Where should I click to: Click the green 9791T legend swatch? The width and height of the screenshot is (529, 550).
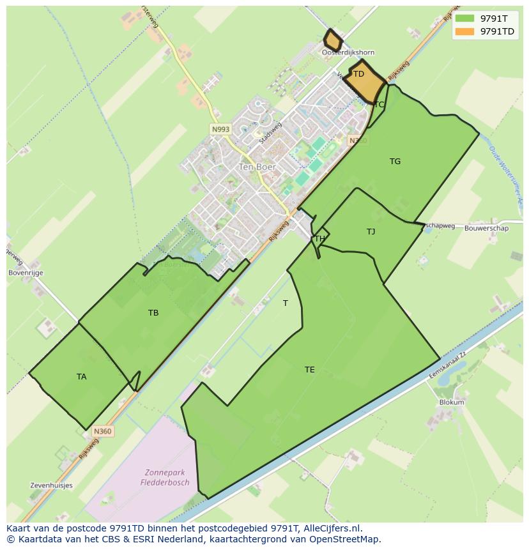465,19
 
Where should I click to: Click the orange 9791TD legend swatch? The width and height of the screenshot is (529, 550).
465,31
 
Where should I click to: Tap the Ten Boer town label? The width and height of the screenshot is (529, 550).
257,167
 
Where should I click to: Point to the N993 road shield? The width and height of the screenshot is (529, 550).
220,129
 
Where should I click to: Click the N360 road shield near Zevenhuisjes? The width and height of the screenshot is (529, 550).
102,431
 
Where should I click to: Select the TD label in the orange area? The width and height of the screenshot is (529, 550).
358,74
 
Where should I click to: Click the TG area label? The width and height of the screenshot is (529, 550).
395,162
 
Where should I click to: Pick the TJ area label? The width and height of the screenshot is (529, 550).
371,232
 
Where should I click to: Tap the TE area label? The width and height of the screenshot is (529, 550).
309,370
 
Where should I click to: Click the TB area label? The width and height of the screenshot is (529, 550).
153,313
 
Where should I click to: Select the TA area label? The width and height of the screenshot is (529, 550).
81,377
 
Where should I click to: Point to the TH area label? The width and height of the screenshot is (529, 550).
319,239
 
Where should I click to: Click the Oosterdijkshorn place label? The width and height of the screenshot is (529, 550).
348,52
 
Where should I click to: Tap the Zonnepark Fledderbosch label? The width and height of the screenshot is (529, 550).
165,478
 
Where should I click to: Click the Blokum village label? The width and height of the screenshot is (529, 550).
452,402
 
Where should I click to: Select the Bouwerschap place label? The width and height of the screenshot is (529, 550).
486,228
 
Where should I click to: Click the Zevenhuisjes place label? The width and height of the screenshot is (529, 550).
51,485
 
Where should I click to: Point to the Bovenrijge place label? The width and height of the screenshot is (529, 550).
26,273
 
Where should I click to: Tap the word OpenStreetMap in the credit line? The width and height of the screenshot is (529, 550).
346,539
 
